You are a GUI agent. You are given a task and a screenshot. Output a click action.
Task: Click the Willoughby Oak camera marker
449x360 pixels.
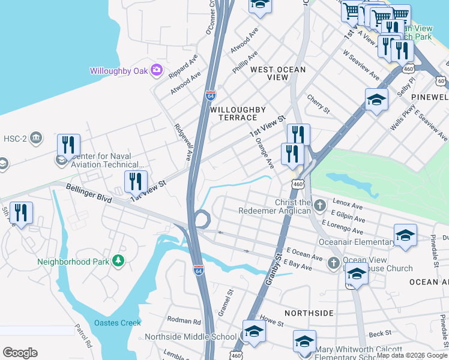pos(157,71)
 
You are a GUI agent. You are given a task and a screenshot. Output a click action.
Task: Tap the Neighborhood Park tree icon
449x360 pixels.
pos(119,261)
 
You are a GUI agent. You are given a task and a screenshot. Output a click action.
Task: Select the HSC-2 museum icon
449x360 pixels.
pos(36,138)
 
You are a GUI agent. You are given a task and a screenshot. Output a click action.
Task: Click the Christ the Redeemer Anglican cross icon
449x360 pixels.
pos(320,206)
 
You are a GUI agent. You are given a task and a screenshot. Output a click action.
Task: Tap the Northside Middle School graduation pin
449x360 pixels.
pos(254,332)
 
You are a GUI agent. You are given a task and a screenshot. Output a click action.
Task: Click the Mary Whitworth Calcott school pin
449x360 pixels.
pos(304,341)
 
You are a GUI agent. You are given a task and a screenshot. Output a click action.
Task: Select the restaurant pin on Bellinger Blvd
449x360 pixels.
pos(136,181)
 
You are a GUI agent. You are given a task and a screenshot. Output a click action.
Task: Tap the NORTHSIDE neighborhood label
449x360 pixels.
pos(309,313)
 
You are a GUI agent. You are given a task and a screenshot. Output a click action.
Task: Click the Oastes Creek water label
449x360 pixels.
pos(117,323)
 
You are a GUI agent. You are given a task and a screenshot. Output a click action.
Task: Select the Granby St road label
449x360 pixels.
pos(274,268)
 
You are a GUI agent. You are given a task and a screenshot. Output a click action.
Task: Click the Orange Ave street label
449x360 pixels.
pos(264,154)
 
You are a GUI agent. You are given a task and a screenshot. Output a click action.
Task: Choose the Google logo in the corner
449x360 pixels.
pos(20,353)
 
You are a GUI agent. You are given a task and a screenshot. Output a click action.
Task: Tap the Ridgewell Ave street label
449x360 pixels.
pos(182,142)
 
